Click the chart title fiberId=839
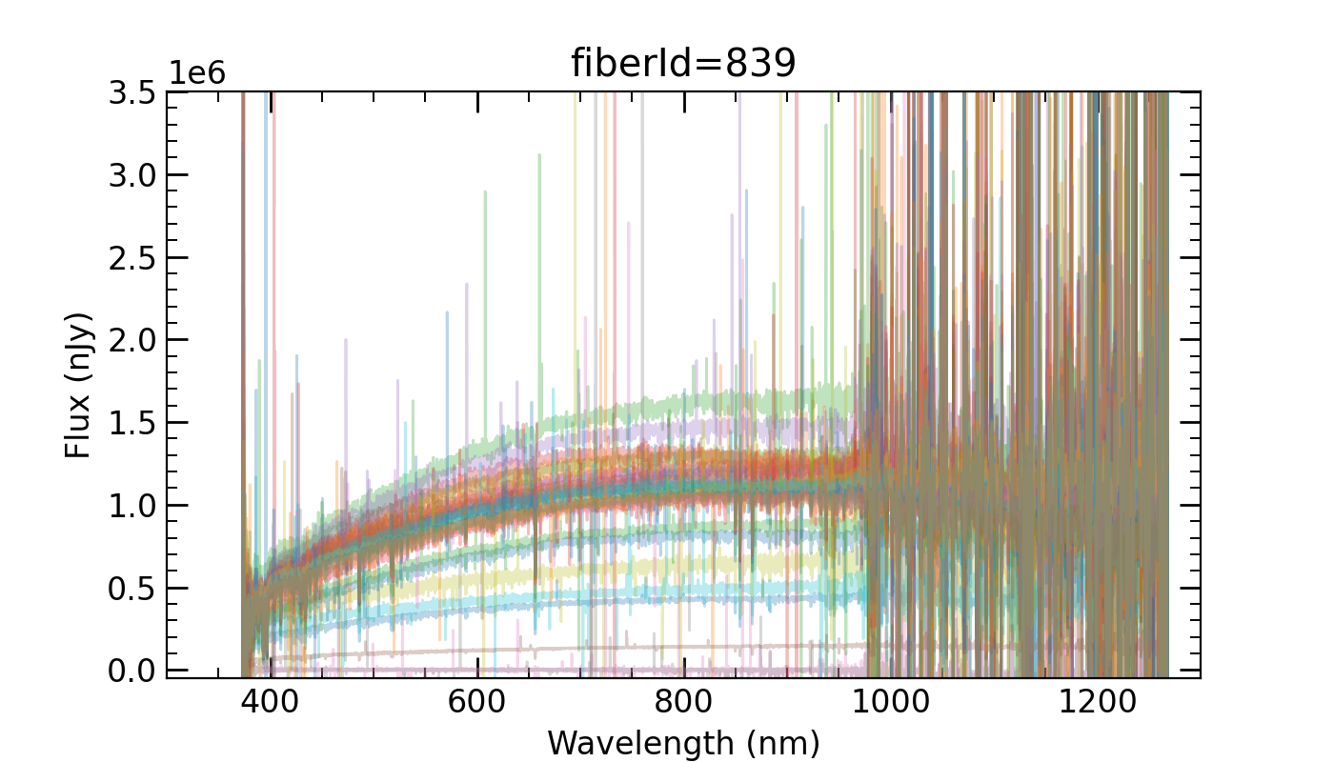point(683,64)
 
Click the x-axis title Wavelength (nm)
point(683,741)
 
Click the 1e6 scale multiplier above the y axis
point(198,73)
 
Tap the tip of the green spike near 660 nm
point(539,154)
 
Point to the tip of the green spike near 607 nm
point(485,191)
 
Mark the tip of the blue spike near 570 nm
point(447,311)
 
